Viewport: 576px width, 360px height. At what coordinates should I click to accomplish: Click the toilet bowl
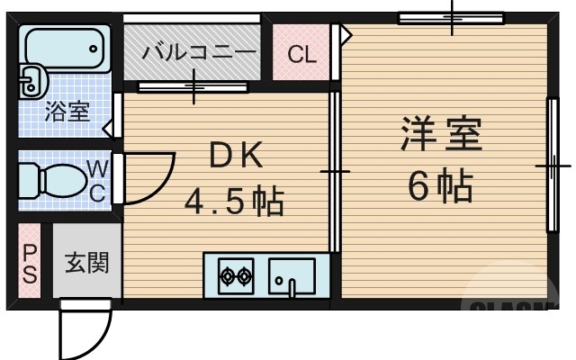click(x=58, y=180)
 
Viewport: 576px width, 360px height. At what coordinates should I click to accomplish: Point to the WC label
click(x=98, y=179)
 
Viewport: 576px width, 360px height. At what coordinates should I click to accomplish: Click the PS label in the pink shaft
click(x=30, y=264)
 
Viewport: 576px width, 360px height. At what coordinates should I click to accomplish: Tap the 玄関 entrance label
click(x=85, y=264)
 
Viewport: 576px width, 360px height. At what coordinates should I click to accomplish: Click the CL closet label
click(x=301, y=55)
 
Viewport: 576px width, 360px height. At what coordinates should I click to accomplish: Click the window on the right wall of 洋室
click(x=552, y=166)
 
